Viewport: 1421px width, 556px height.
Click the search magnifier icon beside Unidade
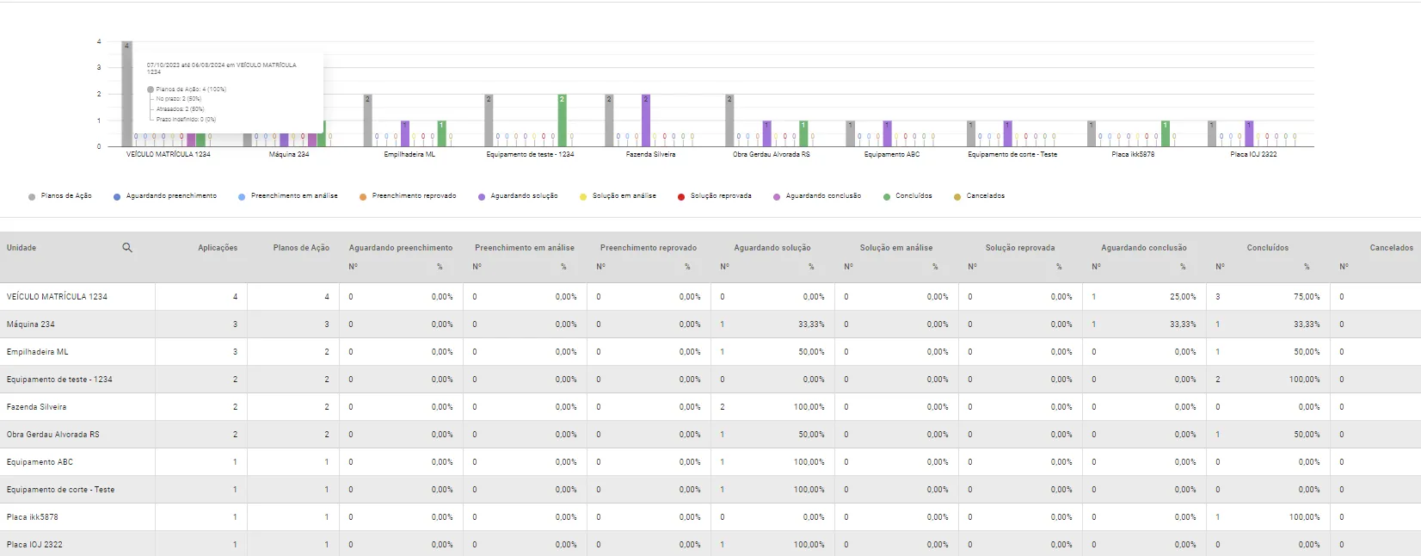(x=127, y=248)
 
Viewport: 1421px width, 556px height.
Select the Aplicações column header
(x=218, y=248)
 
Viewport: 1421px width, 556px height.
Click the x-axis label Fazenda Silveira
(x=650, y=155)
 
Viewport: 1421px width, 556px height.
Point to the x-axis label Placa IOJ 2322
(x=1253, y=155)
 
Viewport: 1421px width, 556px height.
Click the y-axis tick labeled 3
(x=99, y=67)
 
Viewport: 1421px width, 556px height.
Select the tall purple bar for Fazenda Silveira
(x=646, y=119)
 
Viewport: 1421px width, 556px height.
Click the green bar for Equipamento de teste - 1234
(x=562, y=119)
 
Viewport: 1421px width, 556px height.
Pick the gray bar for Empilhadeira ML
(x=367, y=119)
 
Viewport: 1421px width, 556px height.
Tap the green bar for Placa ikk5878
(x=1166, y=133)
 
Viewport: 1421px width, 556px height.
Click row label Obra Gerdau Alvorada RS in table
(x=53, y=435)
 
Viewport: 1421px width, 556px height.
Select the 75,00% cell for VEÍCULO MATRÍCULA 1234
(x=1307, y=297)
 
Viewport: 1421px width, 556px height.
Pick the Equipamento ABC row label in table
(x=40, y=462)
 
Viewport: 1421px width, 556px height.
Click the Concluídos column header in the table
(x=1267, y=248)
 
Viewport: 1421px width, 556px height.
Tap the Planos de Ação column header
(x=301, y=248)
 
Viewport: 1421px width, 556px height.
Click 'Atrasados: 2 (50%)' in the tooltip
(x=180, y=109)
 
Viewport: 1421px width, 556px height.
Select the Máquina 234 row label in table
(x=31, y=324)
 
